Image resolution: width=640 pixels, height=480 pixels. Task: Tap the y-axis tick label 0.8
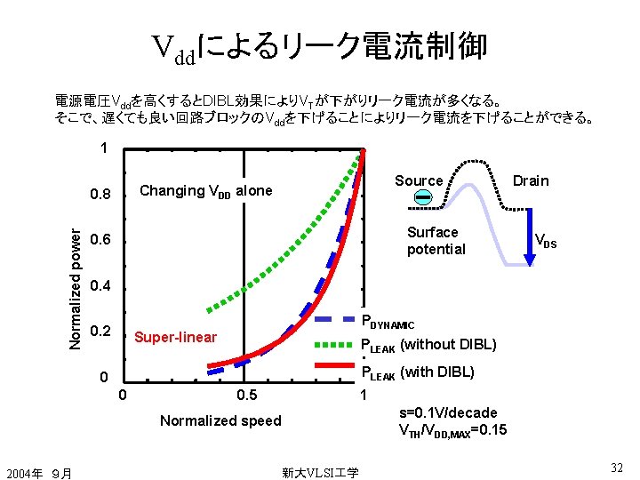point(103,195)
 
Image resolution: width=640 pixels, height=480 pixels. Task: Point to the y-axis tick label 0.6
point(103,241)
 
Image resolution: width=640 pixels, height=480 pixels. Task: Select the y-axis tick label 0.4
point(103,287)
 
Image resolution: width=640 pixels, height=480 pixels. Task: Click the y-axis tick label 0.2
point(103,332)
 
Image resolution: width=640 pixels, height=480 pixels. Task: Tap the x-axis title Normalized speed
point(220,420)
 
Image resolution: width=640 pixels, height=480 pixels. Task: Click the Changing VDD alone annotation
point(206,190)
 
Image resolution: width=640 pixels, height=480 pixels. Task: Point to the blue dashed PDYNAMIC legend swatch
point(337,317)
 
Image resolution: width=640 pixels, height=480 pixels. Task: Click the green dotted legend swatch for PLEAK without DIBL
point(337,344)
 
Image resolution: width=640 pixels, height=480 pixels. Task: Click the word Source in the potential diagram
point(419,180)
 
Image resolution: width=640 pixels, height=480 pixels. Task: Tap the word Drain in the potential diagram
point(531,180)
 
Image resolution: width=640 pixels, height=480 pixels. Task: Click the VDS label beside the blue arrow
point(545,240)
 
